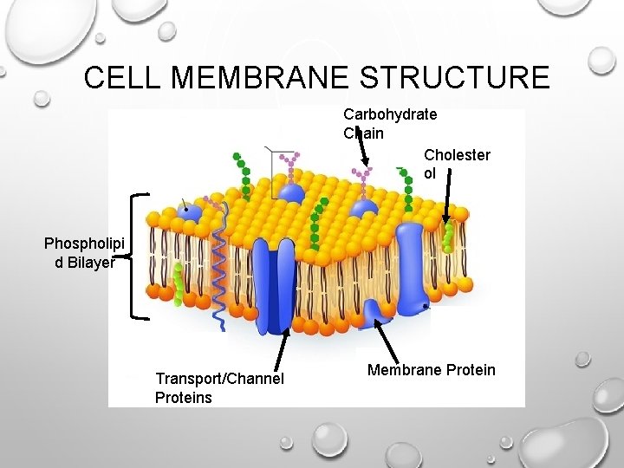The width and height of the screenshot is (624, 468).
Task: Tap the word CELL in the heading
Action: (x=124, y=78)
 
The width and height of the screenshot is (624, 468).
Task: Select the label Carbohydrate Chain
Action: (x=389, y=123)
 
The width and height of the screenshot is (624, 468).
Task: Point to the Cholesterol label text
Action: (x=457, y=164)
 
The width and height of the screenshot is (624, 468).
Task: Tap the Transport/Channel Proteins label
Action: (x=218, y=387)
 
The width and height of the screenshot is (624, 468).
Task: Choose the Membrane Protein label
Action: (x=431, y=370)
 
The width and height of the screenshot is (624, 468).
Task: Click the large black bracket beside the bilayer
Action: (x=135, y=256)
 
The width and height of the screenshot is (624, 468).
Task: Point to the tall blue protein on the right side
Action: (x=413, y=260)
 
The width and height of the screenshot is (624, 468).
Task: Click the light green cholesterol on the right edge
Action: (x=447, y=235)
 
